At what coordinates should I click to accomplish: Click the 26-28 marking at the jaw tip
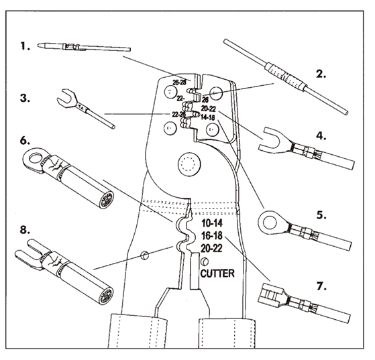coord(179,82)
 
